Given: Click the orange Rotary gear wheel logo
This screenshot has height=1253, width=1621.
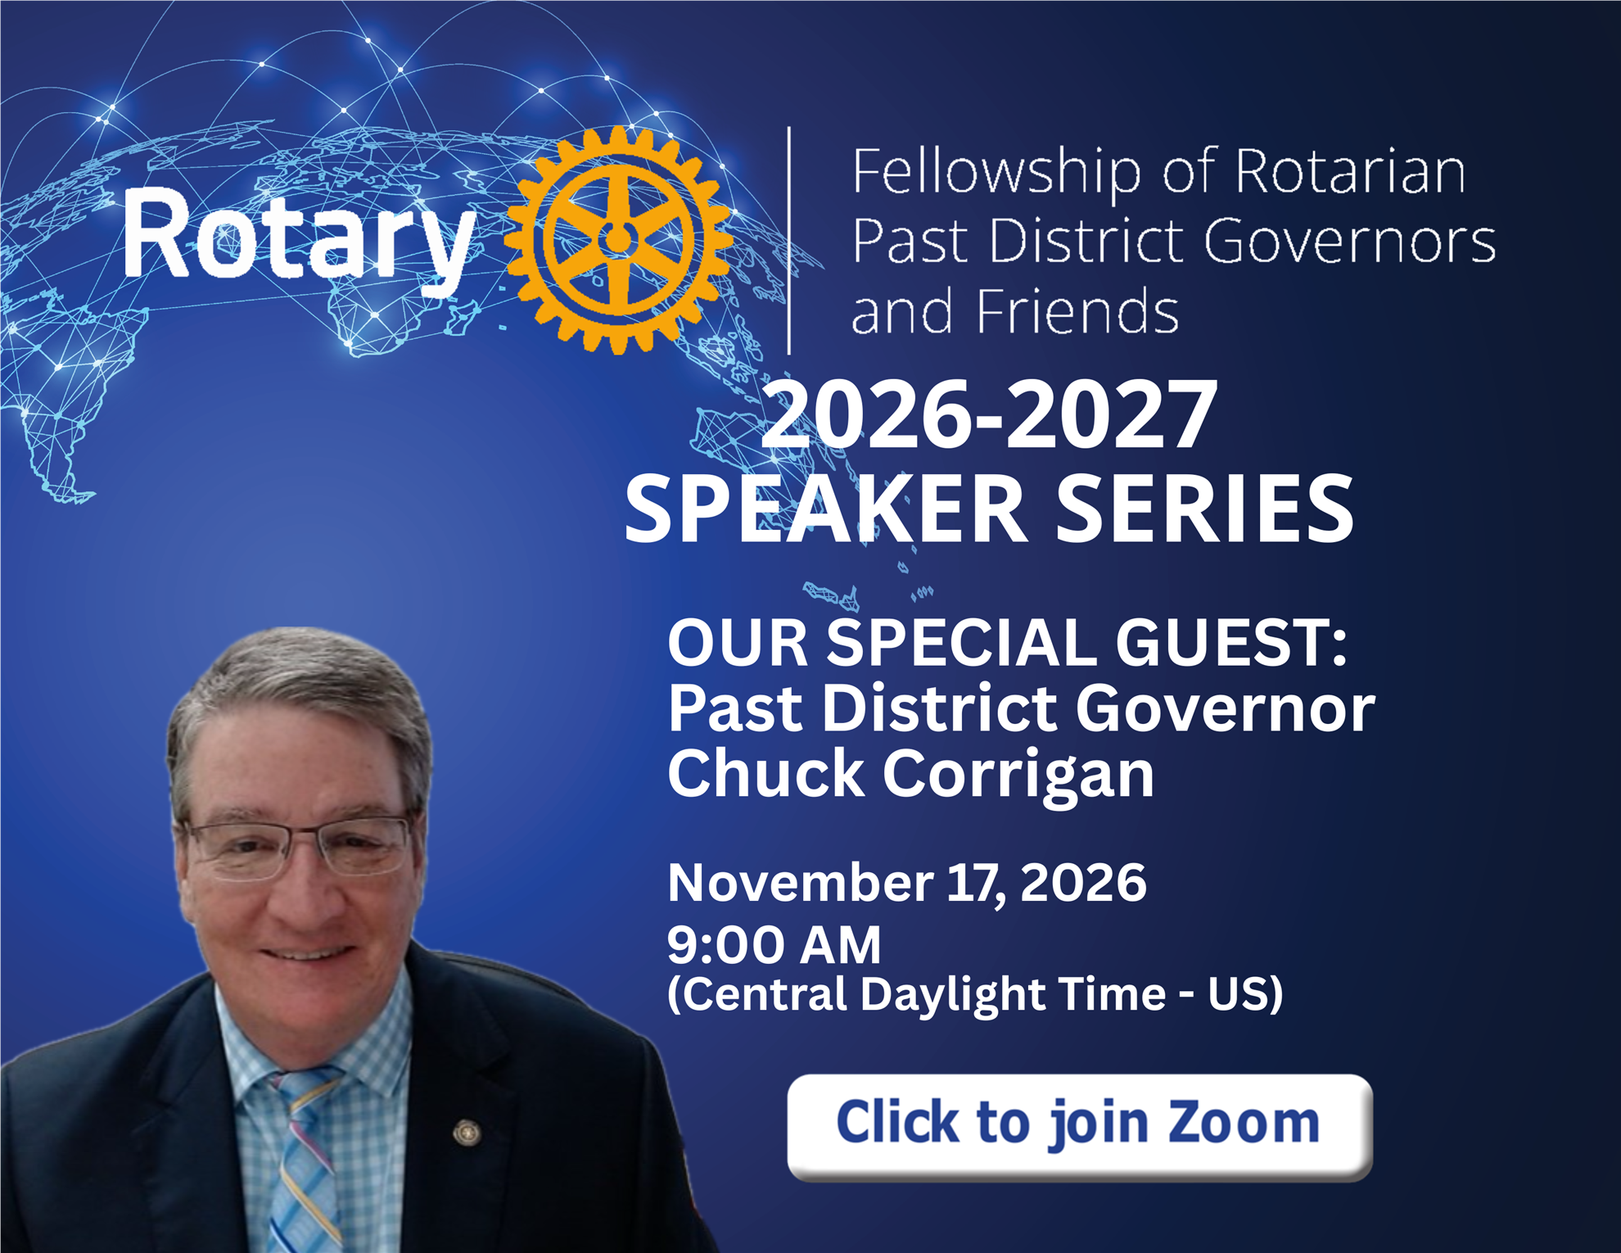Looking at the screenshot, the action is pyautogui.click(x=619, y=240).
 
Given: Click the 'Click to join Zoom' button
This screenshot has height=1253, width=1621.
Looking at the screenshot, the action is pyautogui.click(x=1079, y=1127).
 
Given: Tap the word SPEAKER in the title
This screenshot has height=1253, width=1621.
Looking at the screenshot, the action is pyautogui.click(x=826, y=509).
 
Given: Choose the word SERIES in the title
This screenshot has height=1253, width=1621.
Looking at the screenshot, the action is pyautogui.click(x=1205, y=509).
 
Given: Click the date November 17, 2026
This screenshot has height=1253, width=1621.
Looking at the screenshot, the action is pyautogui.click(x=907, y=883).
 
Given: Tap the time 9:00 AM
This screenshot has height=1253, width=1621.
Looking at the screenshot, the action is pyautogui.click(x=774, y=945).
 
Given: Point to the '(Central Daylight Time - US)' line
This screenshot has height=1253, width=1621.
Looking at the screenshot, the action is pyautogui.click(x=975, y=995).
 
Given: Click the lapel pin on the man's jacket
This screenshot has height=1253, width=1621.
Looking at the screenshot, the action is pyautogui.click(x=467, y=1133).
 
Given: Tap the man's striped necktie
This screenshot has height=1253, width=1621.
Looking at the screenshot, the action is pyautogui.click(x=305, y=1163).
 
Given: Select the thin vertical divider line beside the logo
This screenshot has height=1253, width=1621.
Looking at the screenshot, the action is pyautogui.click(x=788, y=241).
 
